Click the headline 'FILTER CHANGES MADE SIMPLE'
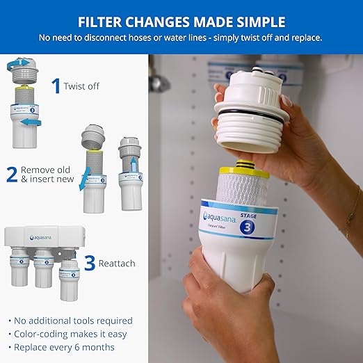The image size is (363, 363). click(x=181, y=20)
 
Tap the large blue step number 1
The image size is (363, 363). click(x=56, y=86)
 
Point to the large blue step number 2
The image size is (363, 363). click(x=11, y=174)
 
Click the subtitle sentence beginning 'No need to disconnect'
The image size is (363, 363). click(x=181, y=37)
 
